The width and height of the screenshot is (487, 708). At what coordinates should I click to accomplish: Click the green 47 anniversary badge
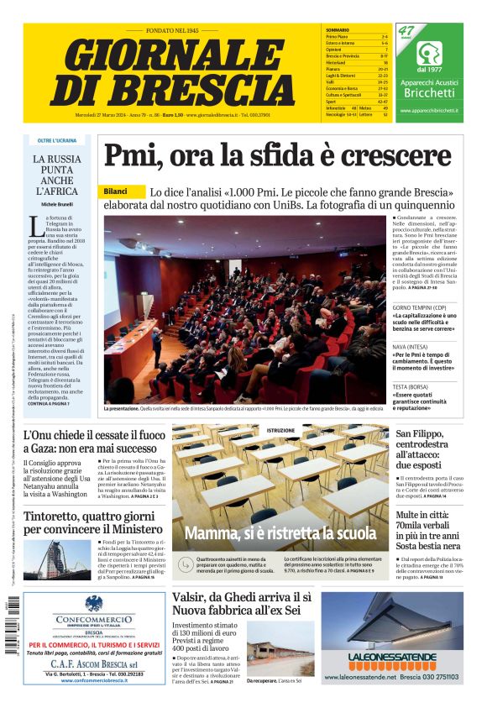coord(407,33)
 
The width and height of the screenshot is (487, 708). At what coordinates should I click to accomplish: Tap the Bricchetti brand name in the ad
coord(428,93)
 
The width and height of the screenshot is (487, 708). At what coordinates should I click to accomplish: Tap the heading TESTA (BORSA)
coord(411,387)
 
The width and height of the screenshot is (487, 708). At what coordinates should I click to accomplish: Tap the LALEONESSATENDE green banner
coord(391,658)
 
